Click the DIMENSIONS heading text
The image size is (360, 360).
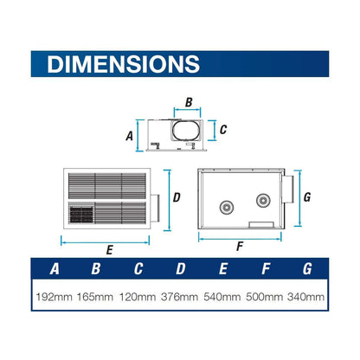124,64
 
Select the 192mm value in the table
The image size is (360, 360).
54,297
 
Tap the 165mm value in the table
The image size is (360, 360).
95,297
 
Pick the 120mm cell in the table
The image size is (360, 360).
138,297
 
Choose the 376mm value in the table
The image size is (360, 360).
179,297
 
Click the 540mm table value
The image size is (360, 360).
222,297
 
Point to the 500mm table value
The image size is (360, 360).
264,297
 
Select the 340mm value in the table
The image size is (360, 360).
305,297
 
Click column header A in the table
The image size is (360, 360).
55,269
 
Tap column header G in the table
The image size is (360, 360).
307,269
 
